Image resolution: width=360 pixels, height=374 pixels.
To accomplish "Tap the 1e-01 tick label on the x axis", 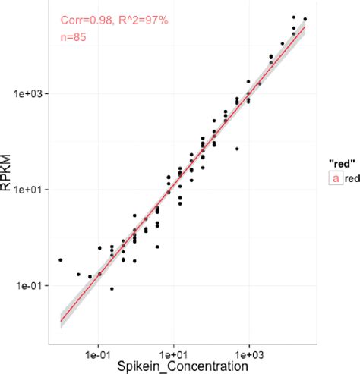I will [x=99, y=354].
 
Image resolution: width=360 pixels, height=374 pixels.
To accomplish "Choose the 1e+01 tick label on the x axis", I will [x=174, y=354].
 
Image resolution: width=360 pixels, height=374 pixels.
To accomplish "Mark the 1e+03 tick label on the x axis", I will [x=249, y=354].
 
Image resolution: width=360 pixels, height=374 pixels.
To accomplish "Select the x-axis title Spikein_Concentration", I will [x=182, y=366].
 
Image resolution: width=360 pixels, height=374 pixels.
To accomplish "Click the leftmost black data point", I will [x=60, y=260].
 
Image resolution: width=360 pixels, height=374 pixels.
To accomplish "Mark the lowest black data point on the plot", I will [x=112, y=289].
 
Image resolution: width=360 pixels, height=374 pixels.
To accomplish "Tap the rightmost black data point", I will [x=305, y=19].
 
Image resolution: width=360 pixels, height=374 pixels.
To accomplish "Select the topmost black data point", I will [x=294, y=16].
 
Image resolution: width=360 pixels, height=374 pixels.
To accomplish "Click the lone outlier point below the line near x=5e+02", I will [x=237, y=149].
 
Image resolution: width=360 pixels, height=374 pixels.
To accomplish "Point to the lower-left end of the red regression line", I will [x=61, y=321].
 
